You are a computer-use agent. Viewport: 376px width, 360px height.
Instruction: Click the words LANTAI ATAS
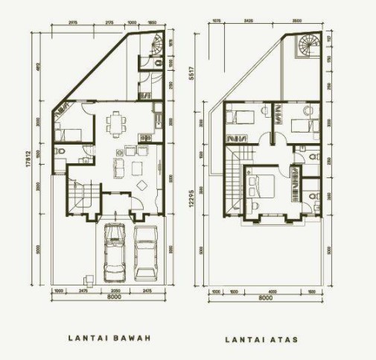pyautogui.click(x=261, y=339)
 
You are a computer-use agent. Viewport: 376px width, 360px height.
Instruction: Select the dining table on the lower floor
pyautogui.click(x=116, y=123)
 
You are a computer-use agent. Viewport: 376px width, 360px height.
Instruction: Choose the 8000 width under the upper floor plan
pyautogui.click(x=265, y=298)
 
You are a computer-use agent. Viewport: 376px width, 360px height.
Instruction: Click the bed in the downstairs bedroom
pyautogui.click(x=68, y=133)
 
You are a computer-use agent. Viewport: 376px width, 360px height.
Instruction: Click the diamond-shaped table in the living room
pyautogui.click(x=141, y=186)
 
